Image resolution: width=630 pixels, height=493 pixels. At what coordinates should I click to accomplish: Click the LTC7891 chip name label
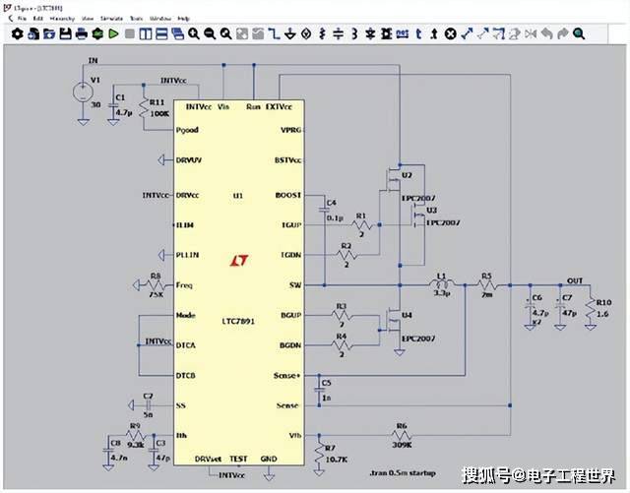coord(238,322)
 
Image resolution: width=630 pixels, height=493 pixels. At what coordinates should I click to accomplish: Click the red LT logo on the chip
coord(238,261)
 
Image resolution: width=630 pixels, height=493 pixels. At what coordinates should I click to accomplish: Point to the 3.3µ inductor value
coord(442,294)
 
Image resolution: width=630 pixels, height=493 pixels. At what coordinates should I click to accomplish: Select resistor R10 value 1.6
coord(601,314)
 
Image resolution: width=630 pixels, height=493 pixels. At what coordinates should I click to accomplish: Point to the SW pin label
coord(293,286)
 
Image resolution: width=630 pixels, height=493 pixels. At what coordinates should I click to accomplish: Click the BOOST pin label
coord(288,195)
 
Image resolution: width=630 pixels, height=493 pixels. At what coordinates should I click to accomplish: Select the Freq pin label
coord(184,285)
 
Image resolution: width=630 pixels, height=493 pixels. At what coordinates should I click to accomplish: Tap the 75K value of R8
coord(156,293)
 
